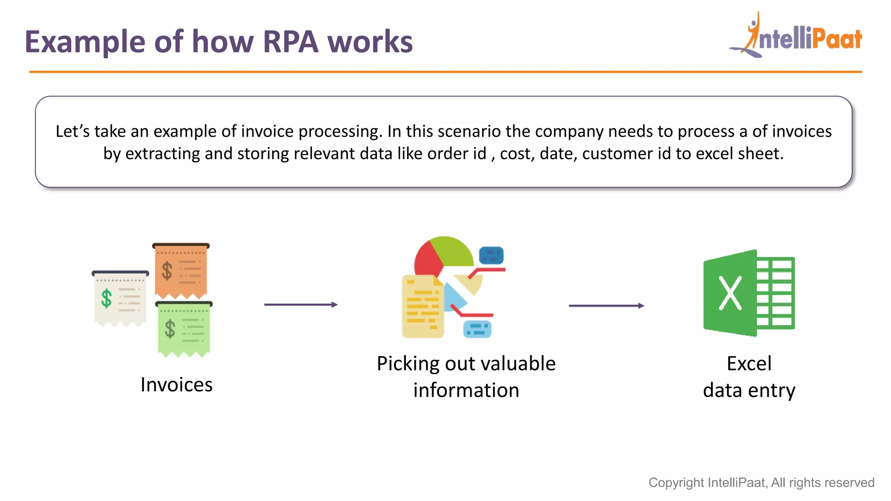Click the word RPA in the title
pos(290,42)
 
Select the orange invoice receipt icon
pos(181,271)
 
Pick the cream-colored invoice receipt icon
pos(121,299)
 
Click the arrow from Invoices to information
pos(301,304)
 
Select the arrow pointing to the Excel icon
pos(606,306)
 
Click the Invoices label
pos(176,385)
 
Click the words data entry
pos(749,390)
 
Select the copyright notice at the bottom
pos(761,482)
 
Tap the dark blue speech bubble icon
pos(491,255)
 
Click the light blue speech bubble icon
pos(477,329)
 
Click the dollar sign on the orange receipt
pos(167,271)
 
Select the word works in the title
pos(369,42)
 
